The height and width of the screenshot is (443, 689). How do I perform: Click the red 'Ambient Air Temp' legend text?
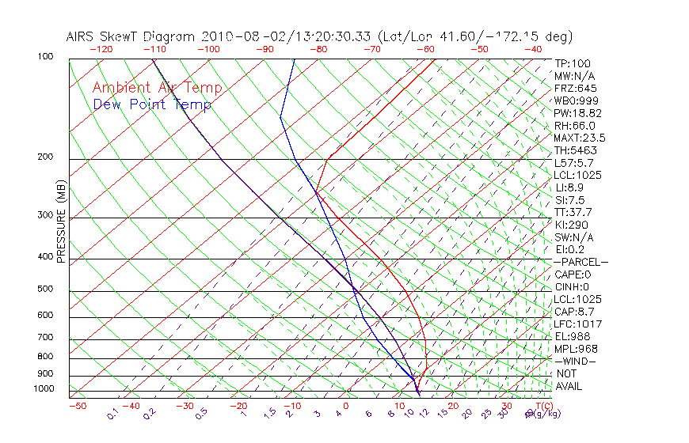[x=157, y=88]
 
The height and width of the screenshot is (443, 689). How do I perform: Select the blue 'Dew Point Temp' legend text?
[x=151, y=104]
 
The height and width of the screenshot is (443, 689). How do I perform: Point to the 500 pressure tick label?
[x=45, y=289]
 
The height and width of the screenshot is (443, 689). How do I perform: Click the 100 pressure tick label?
[x=45, y=57]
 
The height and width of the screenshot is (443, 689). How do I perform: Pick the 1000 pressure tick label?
[x=43, y=388]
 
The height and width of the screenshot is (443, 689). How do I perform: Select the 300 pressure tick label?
[x=45, y=215]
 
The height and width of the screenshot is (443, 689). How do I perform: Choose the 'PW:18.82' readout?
[x=578, y=113]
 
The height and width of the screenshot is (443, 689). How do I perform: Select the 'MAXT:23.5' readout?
[x=581, y=138]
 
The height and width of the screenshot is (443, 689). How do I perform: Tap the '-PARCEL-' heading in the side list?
[x=581, y=262]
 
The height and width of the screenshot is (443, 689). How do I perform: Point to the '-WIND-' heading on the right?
[x=575, y=361]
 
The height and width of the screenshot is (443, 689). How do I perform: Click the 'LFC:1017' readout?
[x=577, y=324]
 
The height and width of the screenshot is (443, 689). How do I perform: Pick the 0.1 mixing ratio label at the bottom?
[x=112, y=414]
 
